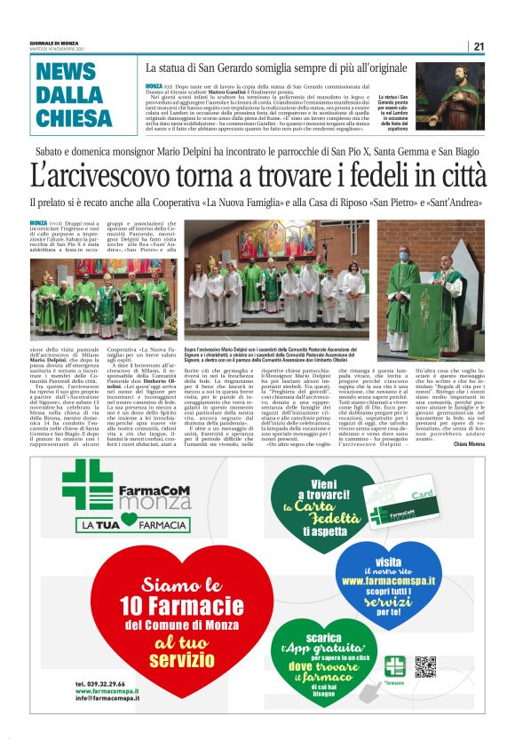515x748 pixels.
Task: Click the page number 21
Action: pos(478,46)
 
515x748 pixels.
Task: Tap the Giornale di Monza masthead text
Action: pos(55,44)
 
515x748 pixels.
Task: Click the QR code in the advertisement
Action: pos(426,665)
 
